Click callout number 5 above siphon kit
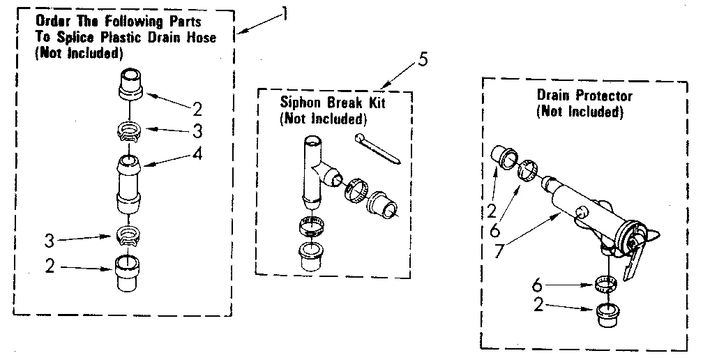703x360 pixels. [422, 59]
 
